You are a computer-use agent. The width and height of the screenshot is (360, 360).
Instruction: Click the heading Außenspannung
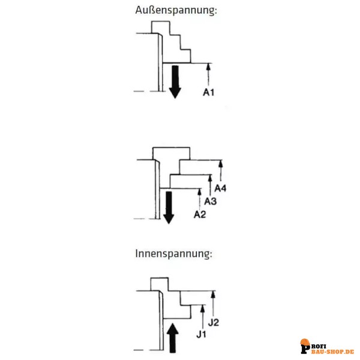pos(176,10)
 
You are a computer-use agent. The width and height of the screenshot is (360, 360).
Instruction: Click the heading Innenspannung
pos(173,254)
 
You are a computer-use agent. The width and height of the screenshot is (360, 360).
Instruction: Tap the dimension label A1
pos(209,92)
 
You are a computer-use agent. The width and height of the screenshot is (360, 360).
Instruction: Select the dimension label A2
pos(200,214)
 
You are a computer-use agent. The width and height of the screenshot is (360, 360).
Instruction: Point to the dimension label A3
pos(211,201)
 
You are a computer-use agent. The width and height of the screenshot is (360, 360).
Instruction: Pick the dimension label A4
pos(220,188)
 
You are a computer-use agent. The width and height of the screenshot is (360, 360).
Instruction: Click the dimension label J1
pos(201,334)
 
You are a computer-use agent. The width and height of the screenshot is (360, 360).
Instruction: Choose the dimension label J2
pos(213,322)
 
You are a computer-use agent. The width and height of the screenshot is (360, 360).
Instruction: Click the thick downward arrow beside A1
pos(175,82)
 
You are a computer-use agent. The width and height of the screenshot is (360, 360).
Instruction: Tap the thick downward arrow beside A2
pos(169,208)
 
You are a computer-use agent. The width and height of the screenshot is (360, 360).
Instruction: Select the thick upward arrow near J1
pos(173,338)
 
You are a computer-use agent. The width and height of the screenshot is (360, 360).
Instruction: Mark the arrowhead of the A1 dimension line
pos(208,67)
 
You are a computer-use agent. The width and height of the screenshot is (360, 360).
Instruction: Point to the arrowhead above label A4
pos(221,163)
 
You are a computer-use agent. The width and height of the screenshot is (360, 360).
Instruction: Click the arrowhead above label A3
pos(210,178)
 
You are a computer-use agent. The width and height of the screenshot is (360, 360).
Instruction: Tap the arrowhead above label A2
pos(199,192)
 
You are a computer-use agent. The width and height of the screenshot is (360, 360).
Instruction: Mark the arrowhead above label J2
pos(213,295)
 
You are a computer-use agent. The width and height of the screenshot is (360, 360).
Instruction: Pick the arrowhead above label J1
pos(203,309)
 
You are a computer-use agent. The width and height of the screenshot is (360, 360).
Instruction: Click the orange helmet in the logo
pos(305,342)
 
